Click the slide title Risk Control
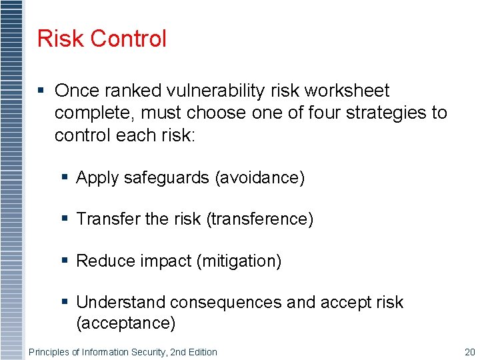[x=102, y=39]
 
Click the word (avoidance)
[x=259, y=177]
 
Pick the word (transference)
[x=261, y=219]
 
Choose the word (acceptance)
[x=126, y=323]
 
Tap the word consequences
[x=226, y=303]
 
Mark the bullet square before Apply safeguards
[x=65, y=177]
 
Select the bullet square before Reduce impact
[x=65, y=261]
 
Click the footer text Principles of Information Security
[x=123, y=352]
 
